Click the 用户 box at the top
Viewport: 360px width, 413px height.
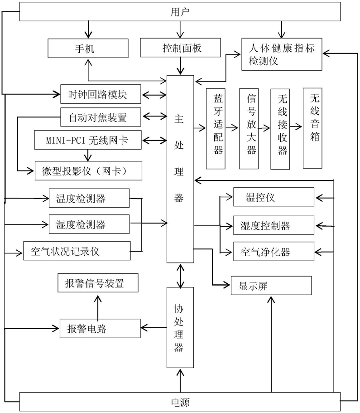tap(180, 12)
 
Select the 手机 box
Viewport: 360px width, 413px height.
tap(88, 48)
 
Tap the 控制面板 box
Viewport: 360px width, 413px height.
tap(180, 48)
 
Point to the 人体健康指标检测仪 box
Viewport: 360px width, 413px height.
tap(282, 54)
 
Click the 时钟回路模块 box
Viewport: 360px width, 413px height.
tap(101, 94)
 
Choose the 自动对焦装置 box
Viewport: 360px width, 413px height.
tap(101, 117)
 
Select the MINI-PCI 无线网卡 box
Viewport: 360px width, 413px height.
tap(88, 140)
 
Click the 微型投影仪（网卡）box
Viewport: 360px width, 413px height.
tap(88, 170)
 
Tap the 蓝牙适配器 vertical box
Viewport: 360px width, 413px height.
tap(216, 129)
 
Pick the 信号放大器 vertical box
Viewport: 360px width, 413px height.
tap(249, 129)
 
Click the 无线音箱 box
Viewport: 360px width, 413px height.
tap(312, 128)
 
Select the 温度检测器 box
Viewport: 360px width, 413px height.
tap(89, 198)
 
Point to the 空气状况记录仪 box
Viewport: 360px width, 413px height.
tap(77, 251)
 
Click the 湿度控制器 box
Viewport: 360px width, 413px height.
tap(274, 225)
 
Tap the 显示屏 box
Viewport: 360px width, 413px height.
tap(271, 286)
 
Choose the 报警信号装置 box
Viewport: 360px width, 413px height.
tap(98, 282)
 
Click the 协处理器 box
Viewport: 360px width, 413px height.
tap(180, 327)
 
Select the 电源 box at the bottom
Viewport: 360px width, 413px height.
tap(180, 402)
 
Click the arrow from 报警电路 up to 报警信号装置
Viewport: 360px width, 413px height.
tap(98, 307)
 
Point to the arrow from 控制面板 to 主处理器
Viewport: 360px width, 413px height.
tap(181, 66)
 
